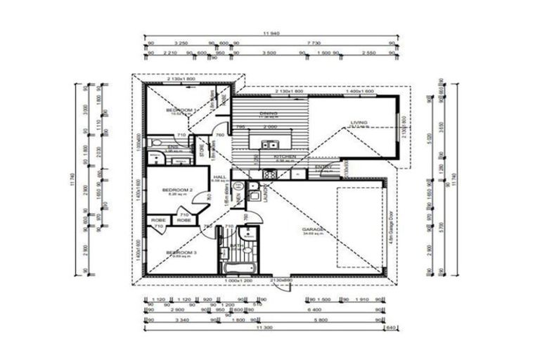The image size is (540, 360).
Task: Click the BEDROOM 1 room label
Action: click(179, 111)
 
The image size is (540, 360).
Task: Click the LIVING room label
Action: click(359, 123)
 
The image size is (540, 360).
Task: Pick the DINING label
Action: click(268, 112)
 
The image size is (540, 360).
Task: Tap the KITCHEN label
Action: click(285, 157)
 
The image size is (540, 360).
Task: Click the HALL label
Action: click(219, 177)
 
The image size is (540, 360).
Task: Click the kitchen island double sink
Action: click(269, 144)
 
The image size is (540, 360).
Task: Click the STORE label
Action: click(200, 150)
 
